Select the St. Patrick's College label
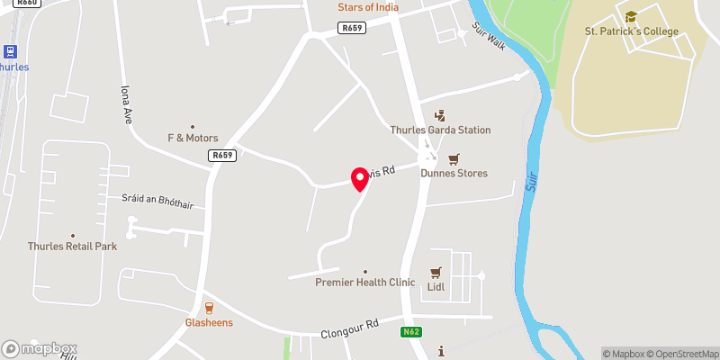pos(631,32)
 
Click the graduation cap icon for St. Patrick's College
pos(631,16)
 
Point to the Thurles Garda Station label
pos(440,130)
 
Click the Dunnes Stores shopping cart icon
pos(454,158)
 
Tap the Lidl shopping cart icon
pos(436,273)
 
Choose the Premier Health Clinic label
pos(365,283)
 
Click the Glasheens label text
pos(210,322)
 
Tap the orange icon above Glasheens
pos(210,307)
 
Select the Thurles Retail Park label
pos(72,247)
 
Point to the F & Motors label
pos(193,139)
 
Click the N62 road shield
pos(410,332)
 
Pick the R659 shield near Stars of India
pos(352,28)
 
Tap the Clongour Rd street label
pos(350,328)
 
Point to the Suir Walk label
pos(490,37)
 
